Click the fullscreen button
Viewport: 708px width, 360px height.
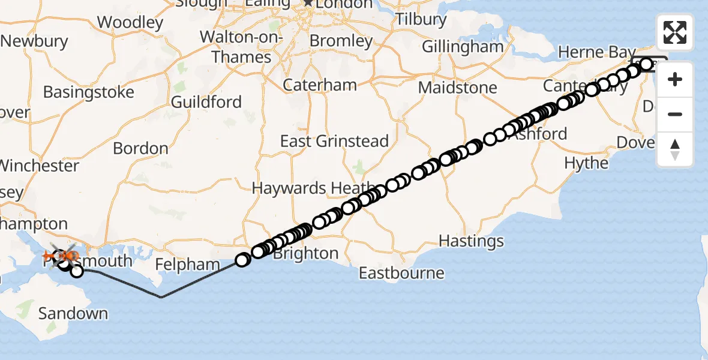(x=675, y=32)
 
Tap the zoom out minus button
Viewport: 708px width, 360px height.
(x=675, y=115)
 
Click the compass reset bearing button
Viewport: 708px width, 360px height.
(x=675, y=149)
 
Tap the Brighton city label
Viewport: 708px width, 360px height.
(x=306, y=253)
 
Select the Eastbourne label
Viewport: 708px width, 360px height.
(x=401, y=273)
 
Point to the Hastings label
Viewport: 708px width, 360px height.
(x=471, y=241)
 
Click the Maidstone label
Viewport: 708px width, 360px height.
(x=457, y=88)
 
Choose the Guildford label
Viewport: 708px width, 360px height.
(x=206, y=102)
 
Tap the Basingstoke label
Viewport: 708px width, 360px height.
(x=88, y=93)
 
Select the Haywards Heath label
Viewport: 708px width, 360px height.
(x=312, y=188)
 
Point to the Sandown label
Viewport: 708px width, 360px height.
(x=73, y=313)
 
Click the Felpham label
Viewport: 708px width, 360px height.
(x=188, y=265)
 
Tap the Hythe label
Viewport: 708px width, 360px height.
(x=586, y=163)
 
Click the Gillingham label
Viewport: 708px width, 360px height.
(x=463, y=47)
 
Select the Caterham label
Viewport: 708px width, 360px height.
(x=320, y=85)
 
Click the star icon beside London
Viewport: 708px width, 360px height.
(x=308, y=3)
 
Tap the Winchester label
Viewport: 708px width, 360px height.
(x=39, y=166)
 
